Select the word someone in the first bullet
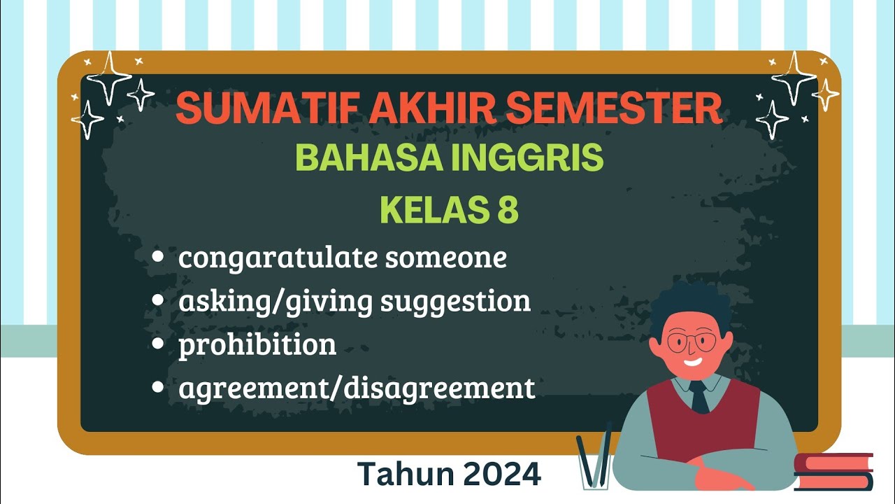point(445,258)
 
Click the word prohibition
point(257,344)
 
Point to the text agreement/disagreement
point(357,388)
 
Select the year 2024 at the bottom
point(501,474)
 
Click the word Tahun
point(403,474)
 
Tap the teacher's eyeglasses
point(691,343)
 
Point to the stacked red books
point(833,472)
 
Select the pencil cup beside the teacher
point(595,465)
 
